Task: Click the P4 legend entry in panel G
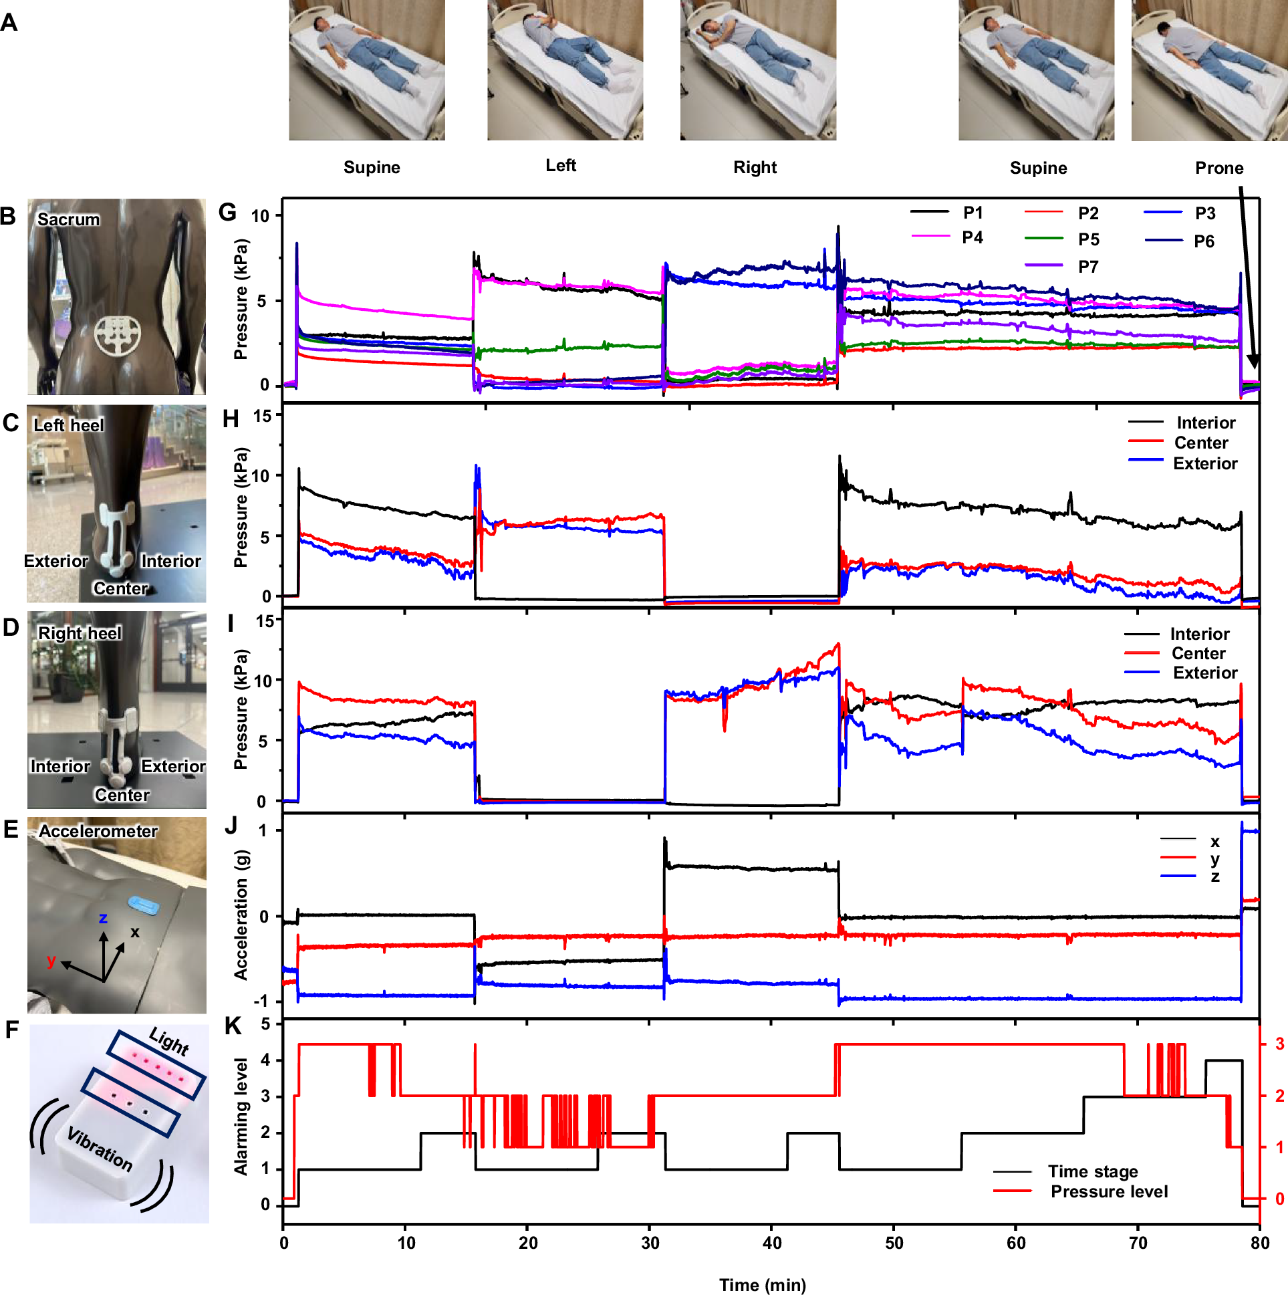972,237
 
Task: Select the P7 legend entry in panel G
1087,267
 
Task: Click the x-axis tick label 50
893,1244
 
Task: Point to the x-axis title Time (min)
762,1284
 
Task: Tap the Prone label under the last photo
1218,168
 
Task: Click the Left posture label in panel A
560,166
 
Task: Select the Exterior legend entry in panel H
1204,463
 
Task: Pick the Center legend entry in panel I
1198,654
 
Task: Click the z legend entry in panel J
1214,876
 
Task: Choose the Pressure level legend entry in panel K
1108,1191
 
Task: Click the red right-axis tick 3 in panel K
1279,1044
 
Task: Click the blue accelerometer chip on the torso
144,905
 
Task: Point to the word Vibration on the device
100,1149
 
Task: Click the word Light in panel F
168,1041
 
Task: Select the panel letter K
233,1026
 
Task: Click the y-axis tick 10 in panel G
260,216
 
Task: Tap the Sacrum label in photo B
68,219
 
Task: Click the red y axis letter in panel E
51,961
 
